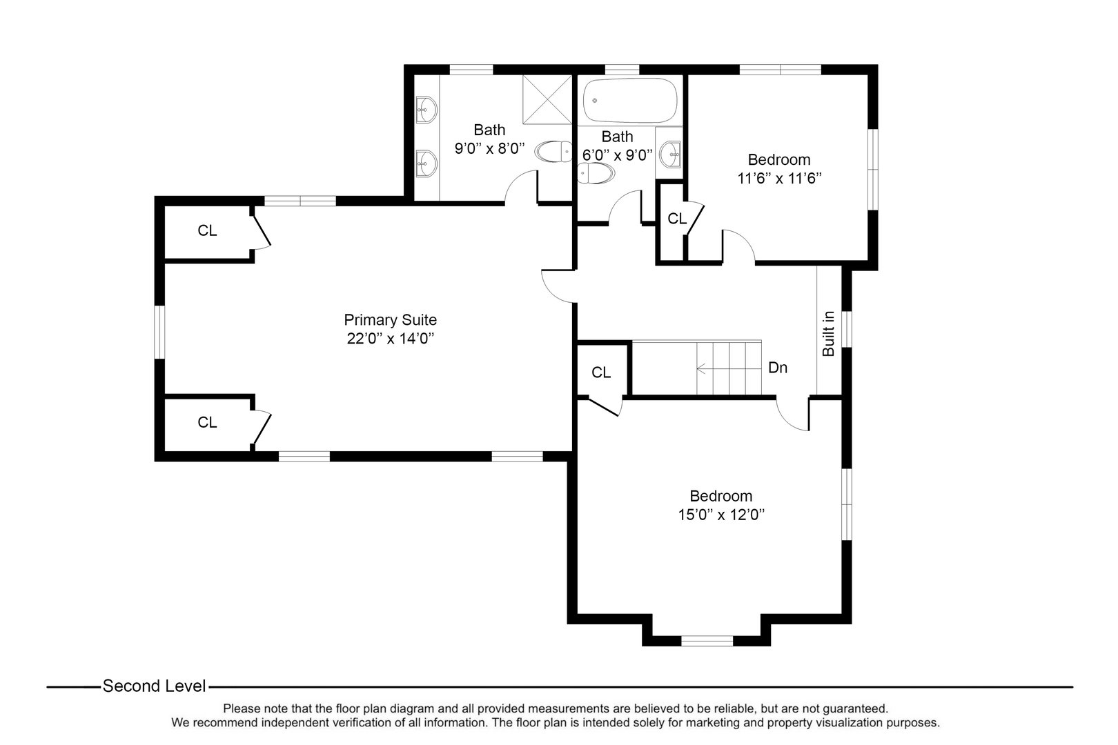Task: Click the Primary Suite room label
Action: pyautogui.click(x=390, y=320)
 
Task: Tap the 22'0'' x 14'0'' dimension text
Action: pyautogui.click(x=390, y=339)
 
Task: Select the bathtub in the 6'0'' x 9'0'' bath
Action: pyautogui.click(x=630, y=101)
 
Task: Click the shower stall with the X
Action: pyautogui.click(x=547, y=100)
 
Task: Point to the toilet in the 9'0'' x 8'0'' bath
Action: pyautogui.click(x=554, y=151)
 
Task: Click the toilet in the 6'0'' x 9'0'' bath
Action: pyautogui.click(x=596, y=174)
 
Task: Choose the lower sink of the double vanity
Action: pyautogui.click(x=426, y=162)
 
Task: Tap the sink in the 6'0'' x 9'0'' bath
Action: pyautogui.click(x=669, y=152)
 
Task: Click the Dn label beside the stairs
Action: pyautogui.click(x=778, y=368)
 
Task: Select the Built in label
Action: pyautogui.click(x=829, y=334)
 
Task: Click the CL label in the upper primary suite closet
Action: pyautogui.click(x=207, y=231)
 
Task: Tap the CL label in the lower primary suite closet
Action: pyautogui.click(x=207, y=422)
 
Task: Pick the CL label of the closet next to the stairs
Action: pyautogui.click(x=601, y=372)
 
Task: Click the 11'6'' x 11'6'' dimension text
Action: pyautogui.click(x=779, y=178)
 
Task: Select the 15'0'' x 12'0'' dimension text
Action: pyautogui.click(x=720, y=515)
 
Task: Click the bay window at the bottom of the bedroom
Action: pyautogui.click(x=707, y=641)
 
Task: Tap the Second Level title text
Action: pyautogui.click(x=154, y=686)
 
